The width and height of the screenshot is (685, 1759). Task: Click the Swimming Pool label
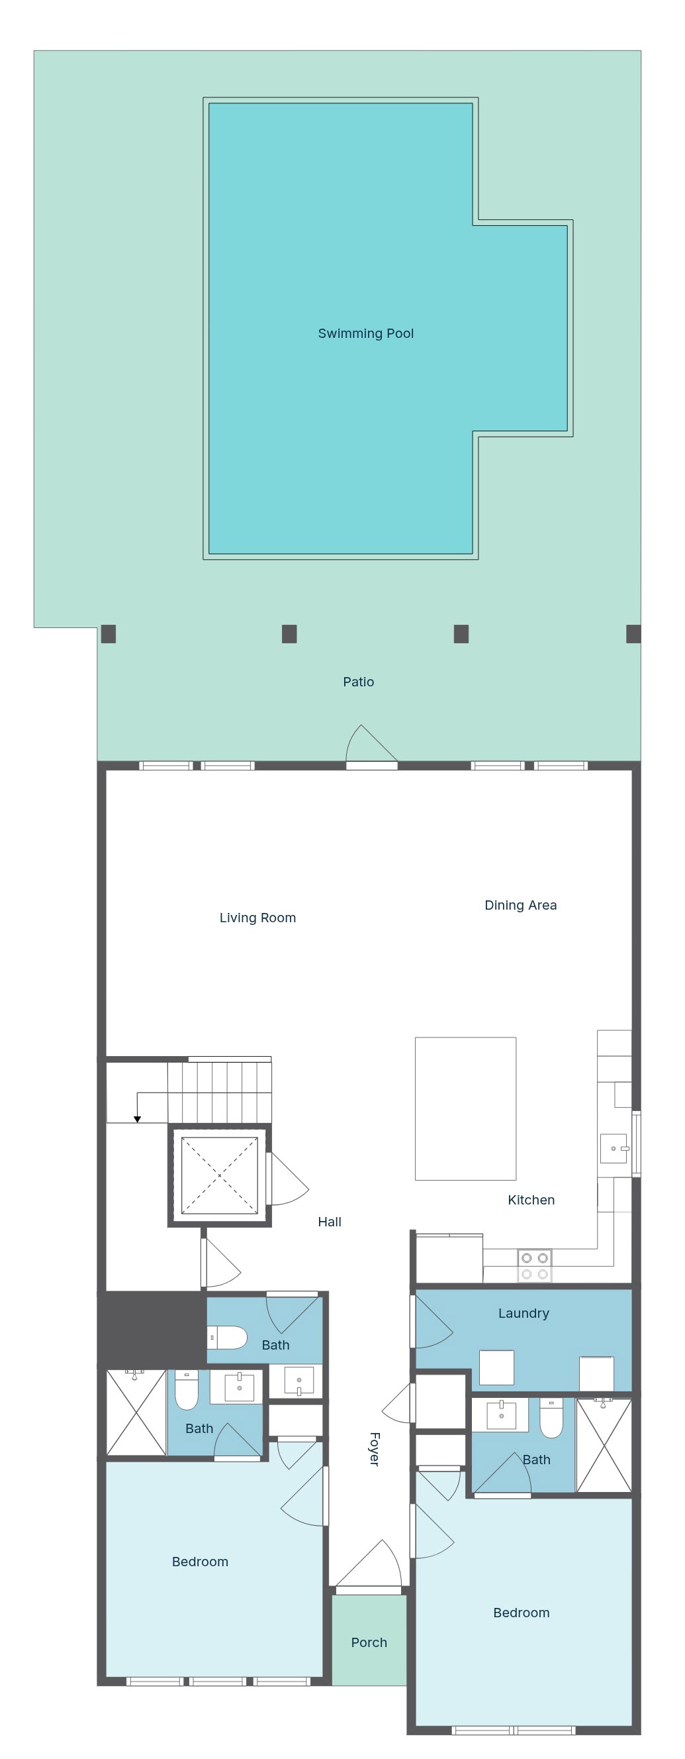coord(366,333)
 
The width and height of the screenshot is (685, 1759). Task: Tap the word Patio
coord(358,682)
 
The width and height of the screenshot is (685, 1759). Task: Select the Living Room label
coord(257,918)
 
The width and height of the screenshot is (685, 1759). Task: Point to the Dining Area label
coord(521,905)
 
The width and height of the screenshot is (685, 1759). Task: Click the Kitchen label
coord(531,1200)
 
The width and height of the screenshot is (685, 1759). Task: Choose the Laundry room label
coord(524,1313)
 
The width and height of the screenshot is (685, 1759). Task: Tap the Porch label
coord(369,1642)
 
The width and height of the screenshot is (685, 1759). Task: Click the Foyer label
coord(374,1449)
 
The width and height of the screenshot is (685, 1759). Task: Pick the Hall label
coord(330,1222)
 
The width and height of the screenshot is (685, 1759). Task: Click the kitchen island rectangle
coord(465,1108)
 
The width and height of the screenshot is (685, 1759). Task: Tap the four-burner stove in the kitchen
coord(535,1266)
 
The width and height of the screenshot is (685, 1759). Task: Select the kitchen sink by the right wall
coord(614,1149)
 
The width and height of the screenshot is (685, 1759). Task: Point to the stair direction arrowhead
coord(137,1119)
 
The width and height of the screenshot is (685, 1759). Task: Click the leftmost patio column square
coord(109,633)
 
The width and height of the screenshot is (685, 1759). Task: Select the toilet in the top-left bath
coord(226,1338)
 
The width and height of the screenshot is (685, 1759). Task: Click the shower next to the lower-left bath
coord(136,1413)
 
